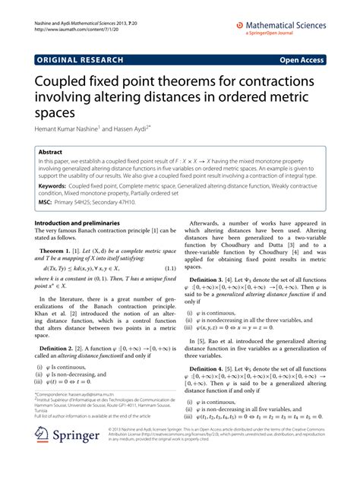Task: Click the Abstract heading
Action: click(53, 152)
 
